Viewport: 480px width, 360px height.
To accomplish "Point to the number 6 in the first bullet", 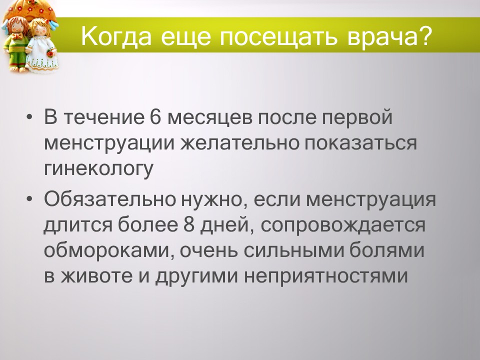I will click(x=154, y=117).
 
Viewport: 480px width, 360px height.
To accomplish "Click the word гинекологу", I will click(x=98, y=169).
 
